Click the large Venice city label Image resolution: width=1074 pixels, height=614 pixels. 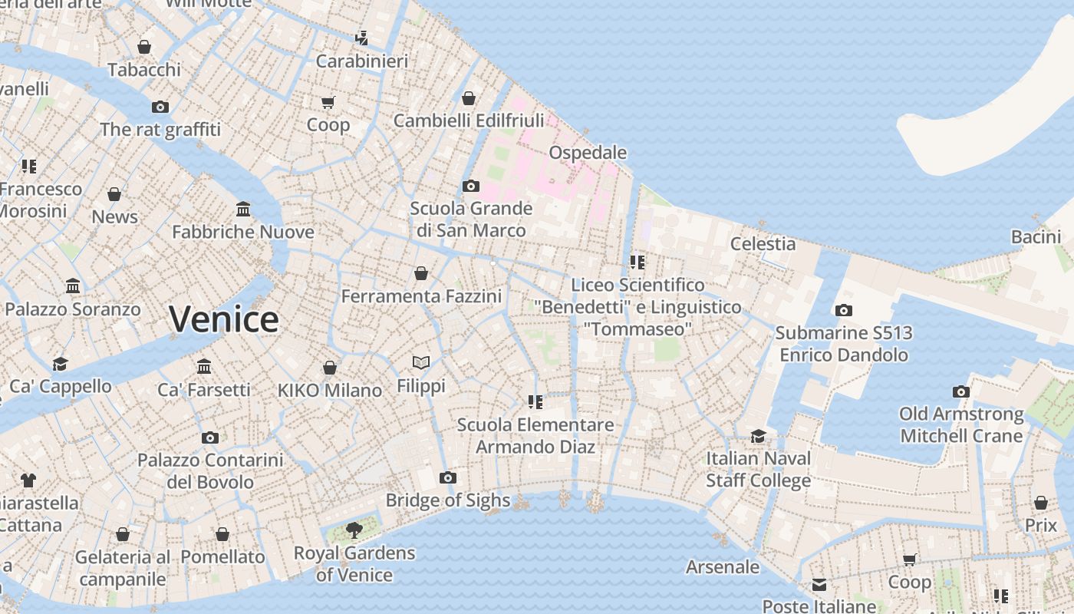coord(223,319)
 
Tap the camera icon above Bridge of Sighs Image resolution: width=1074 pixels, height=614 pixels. coord(448,478)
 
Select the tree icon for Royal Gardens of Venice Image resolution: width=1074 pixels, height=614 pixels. coord(354,530)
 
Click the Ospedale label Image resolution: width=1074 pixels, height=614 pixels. coord(588,153)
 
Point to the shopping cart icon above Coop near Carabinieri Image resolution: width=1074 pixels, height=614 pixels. coord(328,102)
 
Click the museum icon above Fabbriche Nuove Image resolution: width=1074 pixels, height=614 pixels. coord(243,209)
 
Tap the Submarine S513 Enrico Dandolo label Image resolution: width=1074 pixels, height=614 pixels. coord(844,344)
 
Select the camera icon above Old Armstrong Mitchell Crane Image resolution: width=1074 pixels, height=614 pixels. coord(960,391)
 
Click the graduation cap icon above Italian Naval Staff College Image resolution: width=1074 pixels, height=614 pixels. coord(758,436)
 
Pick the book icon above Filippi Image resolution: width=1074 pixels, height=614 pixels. coord(420,362)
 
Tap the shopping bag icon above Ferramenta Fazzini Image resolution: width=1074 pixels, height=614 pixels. coord(420,273)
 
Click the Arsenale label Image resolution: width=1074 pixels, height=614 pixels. coord(722,567)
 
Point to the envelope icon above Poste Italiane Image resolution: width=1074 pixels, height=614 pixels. coord(819,585)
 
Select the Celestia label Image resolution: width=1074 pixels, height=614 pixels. coord(763,244)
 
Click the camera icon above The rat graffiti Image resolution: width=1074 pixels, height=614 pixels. coord(160,107)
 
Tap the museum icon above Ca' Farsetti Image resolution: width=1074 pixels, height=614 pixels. coord(203,366)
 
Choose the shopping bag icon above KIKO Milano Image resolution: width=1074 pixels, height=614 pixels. coord(329,368)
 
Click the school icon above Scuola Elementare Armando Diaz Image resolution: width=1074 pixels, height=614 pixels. coord(535,401)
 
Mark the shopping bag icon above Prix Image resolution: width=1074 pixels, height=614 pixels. coord(1040,503)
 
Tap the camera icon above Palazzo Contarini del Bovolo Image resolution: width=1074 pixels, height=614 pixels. coord(209,437)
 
